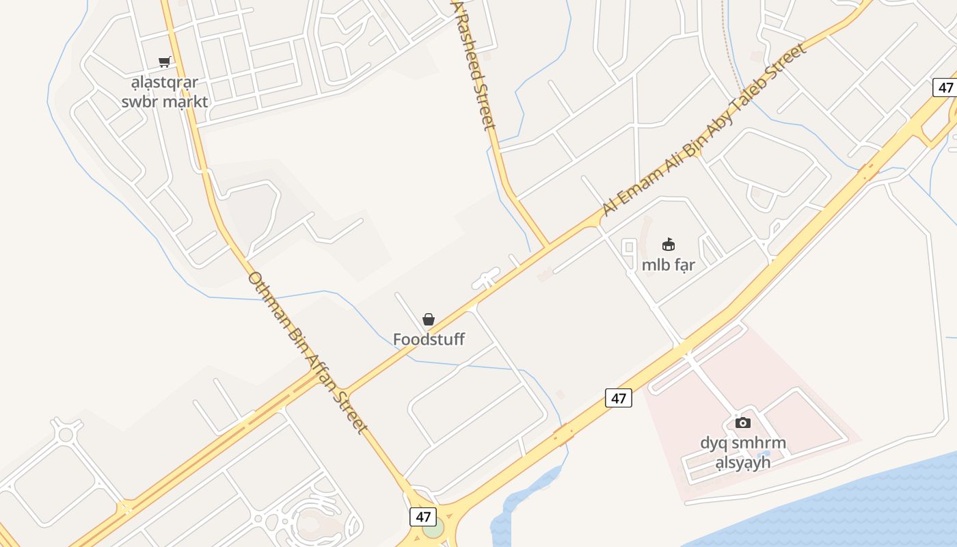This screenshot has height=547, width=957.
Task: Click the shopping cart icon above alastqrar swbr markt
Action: coord(164,62)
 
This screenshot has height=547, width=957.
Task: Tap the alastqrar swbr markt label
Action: coord(164,92)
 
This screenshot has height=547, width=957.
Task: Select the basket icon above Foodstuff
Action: coord(429,319)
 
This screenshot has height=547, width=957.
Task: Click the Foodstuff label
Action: coord(429,339)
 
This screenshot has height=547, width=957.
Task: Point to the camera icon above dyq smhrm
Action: coord(743,423)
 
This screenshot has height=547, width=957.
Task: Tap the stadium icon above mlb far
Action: coord(669,245)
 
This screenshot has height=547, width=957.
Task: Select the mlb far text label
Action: coord(669,265)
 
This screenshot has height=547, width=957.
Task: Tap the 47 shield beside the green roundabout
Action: coord(423,516)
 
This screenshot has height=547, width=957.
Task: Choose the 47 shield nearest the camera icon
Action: coord(619,398)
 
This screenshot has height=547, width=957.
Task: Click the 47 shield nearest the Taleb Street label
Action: coord(945,88)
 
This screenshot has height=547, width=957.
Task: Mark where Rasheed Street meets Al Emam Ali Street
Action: coord(547,246)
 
